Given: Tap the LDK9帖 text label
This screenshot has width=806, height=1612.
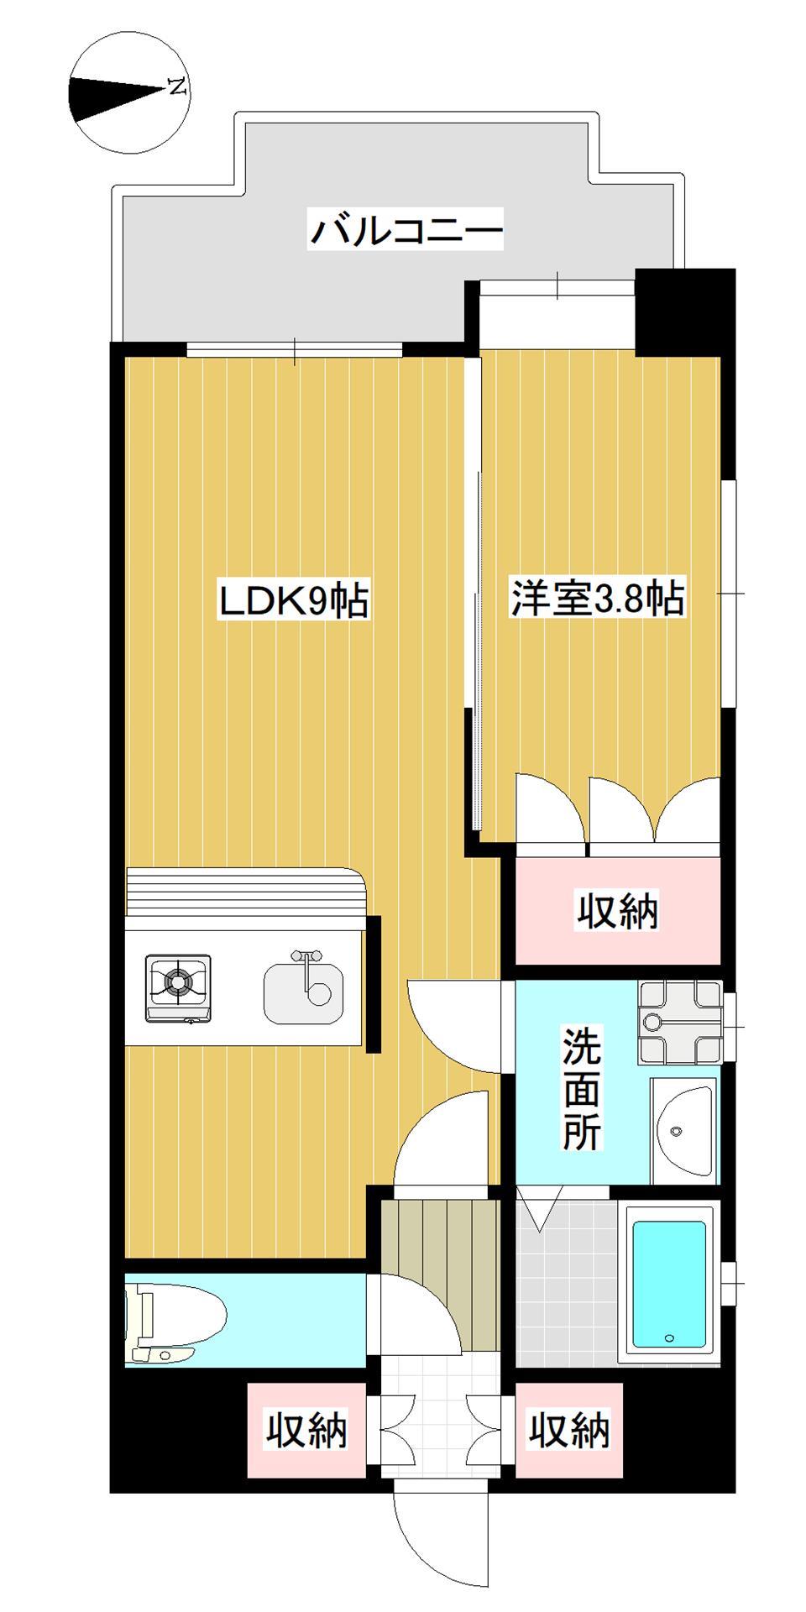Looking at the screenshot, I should (x=293, y=601).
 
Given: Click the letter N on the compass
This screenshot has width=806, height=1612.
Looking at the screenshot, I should (x=177, y=86).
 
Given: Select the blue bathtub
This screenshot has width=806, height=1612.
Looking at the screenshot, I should (x=668, y=1285).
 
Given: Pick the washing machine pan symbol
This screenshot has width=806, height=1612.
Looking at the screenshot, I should (x=680, y=1021).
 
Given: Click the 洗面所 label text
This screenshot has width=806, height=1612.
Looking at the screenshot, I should (x=581, y=1089).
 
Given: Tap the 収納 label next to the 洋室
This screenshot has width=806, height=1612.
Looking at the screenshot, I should (x=617, y=911).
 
